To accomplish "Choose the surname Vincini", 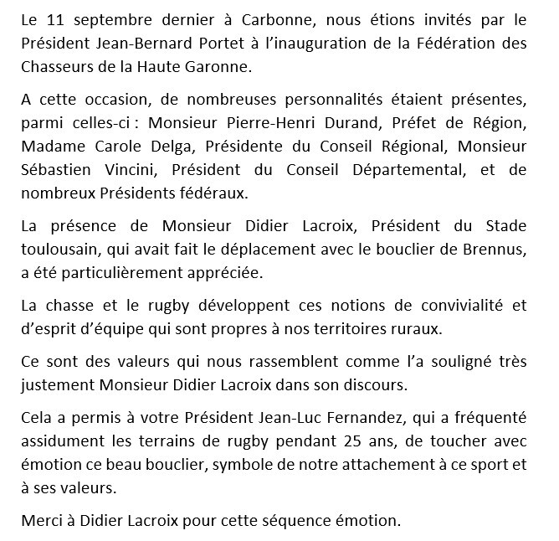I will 129,171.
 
